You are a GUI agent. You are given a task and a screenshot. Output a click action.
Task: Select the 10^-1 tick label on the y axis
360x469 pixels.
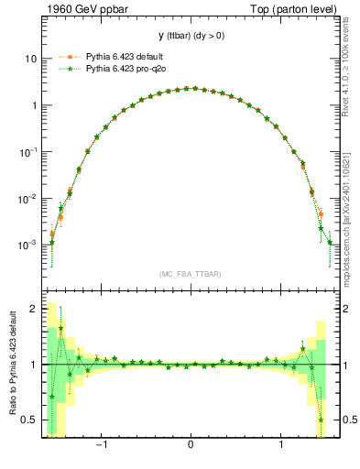click(28, 151)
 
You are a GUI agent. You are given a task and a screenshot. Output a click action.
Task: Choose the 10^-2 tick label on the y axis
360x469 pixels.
click(28, 198)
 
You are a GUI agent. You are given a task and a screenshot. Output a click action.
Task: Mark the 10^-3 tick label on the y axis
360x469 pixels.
click(28, 245)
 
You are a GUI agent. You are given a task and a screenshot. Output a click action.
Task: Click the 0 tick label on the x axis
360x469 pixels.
click(190, 448)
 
